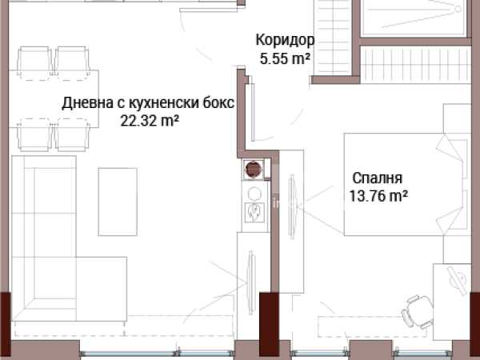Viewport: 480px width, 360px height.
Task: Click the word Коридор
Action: tap(285, 41)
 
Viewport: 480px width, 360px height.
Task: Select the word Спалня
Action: tap(377, 178)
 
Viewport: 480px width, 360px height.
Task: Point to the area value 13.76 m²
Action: tap(378, 196)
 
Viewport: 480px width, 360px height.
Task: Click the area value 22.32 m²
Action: tap(150, 120)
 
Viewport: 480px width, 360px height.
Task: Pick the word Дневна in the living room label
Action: tap(87, 103)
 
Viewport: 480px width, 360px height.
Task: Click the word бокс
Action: tap(218, 103)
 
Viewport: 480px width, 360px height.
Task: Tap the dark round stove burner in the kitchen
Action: tap(254, 169)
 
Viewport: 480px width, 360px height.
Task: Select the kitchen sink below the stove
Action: tap(254, 211)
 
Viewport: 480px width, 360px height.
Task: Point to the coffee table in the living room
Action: tap(118, 202)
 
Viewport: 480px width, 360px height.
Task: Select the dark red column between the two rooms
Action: tap(269, 325)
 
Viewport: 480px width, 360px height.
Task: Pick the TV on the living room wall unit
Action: tap(251, 282)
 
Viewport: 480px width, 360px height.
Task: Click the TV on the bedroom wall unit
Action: tap(292, 207)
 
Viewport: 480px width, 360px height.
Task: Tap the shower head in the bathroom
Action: tap(458, 9)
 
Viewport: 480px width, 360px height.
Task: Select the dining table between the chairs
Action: tap(54, 98)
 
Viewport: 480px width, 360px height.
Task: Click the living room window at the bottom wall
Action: tap(157, 354)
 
